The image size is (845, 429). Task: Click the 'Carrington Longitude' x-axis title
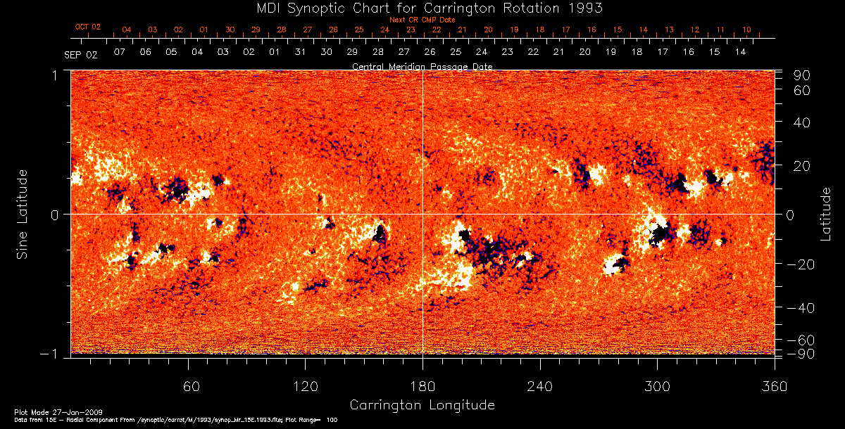(422, 405)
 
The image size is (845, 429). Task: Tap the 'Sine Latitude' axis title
(23, 213)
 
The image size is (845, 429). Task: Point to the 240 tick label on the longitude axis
(540, 387)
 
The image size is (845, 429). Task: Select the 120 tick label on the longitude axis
(305, 387)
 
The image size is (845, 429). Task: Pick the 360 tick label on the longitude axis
(775, 387)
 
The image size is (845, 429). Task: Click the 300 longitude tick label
(657, 387)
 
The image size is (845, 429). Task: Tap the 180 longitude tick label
(423, 387)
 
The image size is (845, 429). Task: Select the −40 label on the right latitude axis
(800, 308)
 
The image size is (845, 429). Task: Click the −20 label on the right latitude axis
(800, 264)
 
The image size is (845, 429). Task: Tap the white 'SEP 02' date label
(81, 53)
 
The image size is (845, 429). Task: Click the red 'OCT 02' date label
(88, 27)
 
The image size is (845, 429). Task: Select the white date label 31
(300, 53)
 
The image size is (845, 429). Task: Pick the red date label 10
(746, 30)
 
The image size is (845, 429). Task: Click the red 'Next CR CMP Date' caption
(423, 20)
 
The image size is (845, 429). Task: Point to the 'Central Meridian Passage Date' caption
(423, 67)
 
